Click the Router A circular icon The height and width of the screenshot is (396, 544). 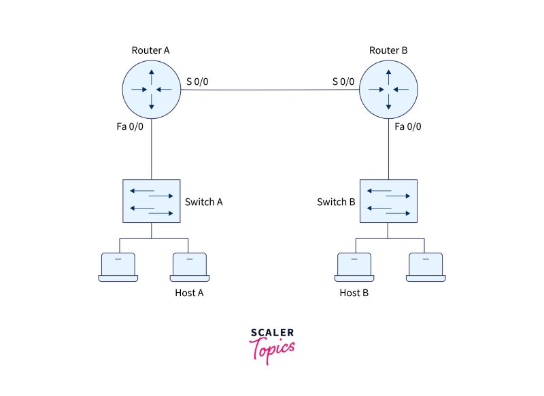(152, 89)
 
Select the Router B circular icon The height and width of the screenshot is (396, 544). (388, 89)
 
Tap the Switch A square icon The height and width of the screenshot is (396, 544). (152, 201)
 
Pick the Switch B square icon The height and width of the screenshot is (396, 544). (388, 201)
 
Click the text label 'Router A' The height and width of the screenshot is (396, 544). (151, 51)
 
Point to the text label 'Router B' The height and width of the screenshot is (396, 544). (388, 51)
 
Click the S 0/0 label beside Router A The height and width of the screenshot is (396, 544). (197, 82)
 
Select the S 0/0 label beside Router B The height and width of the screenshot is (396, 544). (343, 82)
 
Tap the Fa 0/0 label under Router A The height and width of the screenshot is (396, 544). (129, 126)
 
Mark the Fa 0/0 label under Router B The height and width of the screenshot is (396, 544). (408, 126)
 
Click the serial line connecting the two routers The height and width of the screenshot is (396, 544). (270, 89)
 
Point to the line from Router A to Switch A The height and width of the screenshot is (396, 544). (152, 149)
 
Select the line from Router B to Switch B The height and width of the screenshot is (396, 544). (388, 149)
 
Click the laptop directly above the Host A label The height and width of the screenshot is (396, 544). (189, 267)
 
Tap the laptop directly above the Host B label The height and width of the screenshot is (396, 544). (354, 267)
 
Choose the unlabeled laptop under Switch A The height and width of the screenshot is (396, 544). (118, 267)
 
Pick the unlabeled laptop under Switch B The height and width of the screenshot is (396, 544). (426, 267)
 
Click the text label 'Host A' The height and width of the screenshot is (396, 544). (189, 293)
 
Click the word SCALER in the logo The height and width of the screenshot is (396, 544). (272, 333)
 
